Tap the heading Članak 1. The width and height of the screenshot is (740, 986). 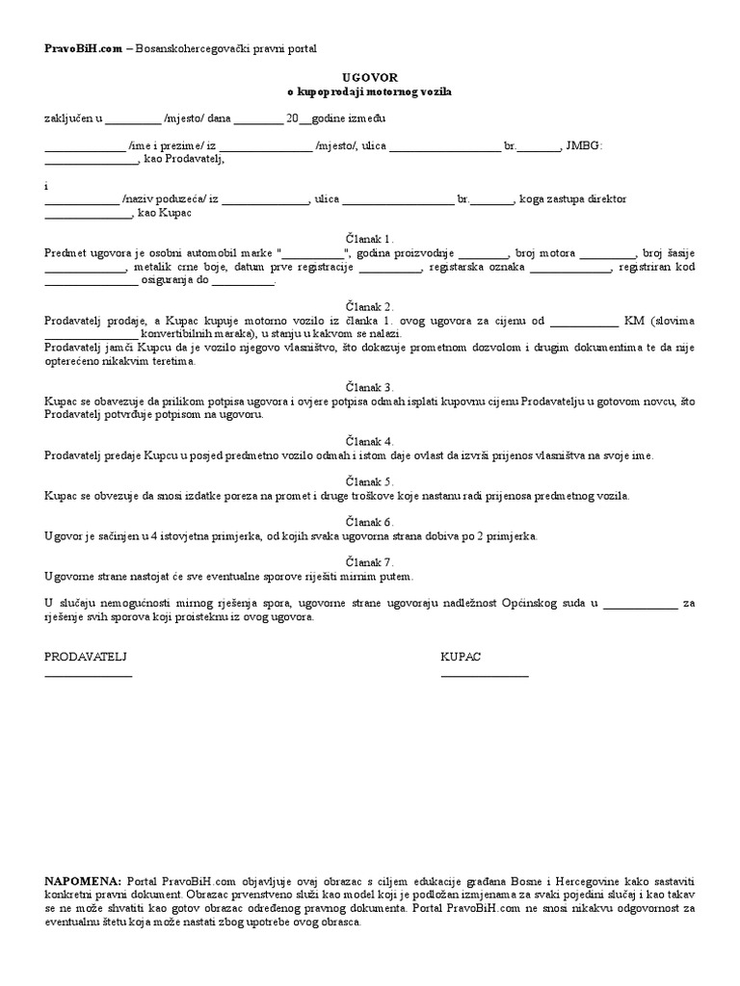[370, 237]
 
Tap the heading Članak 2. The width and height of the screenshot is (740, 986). [370, 306]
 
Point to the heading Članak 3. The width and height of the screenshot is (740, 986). [370, 385]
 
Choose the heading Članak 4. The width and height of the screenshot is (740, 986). [370, 440]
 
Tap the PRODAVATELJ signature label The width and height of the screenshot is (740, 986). [87, 656]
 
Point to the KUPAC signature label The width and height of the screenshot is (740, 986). [461, 656]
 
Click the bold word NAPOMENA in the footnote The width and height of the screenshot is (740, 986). [83, 881]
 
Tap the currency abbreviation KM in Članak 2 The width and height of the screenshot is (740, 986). [633, 321]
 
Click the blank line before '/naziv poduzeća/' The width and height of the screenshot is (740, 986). [82, 203]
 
